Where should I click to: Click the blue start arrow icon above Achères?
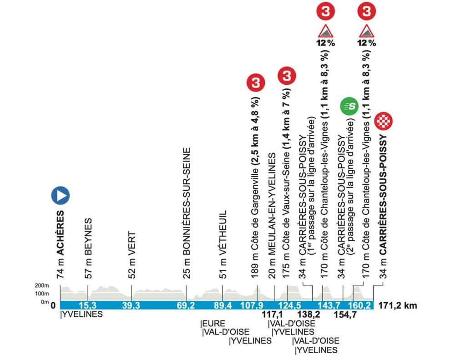[60, 195]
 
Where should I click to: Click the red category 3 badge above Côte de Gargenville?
[255, 83]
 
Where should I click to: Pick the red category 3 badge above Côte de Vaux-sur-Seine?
[287, 76]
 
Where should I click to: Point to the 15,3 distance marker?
[87, 305]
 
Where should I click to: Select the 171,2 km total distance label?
[397, 306]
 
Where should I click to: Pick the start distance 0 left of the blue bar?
[53, 306]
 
